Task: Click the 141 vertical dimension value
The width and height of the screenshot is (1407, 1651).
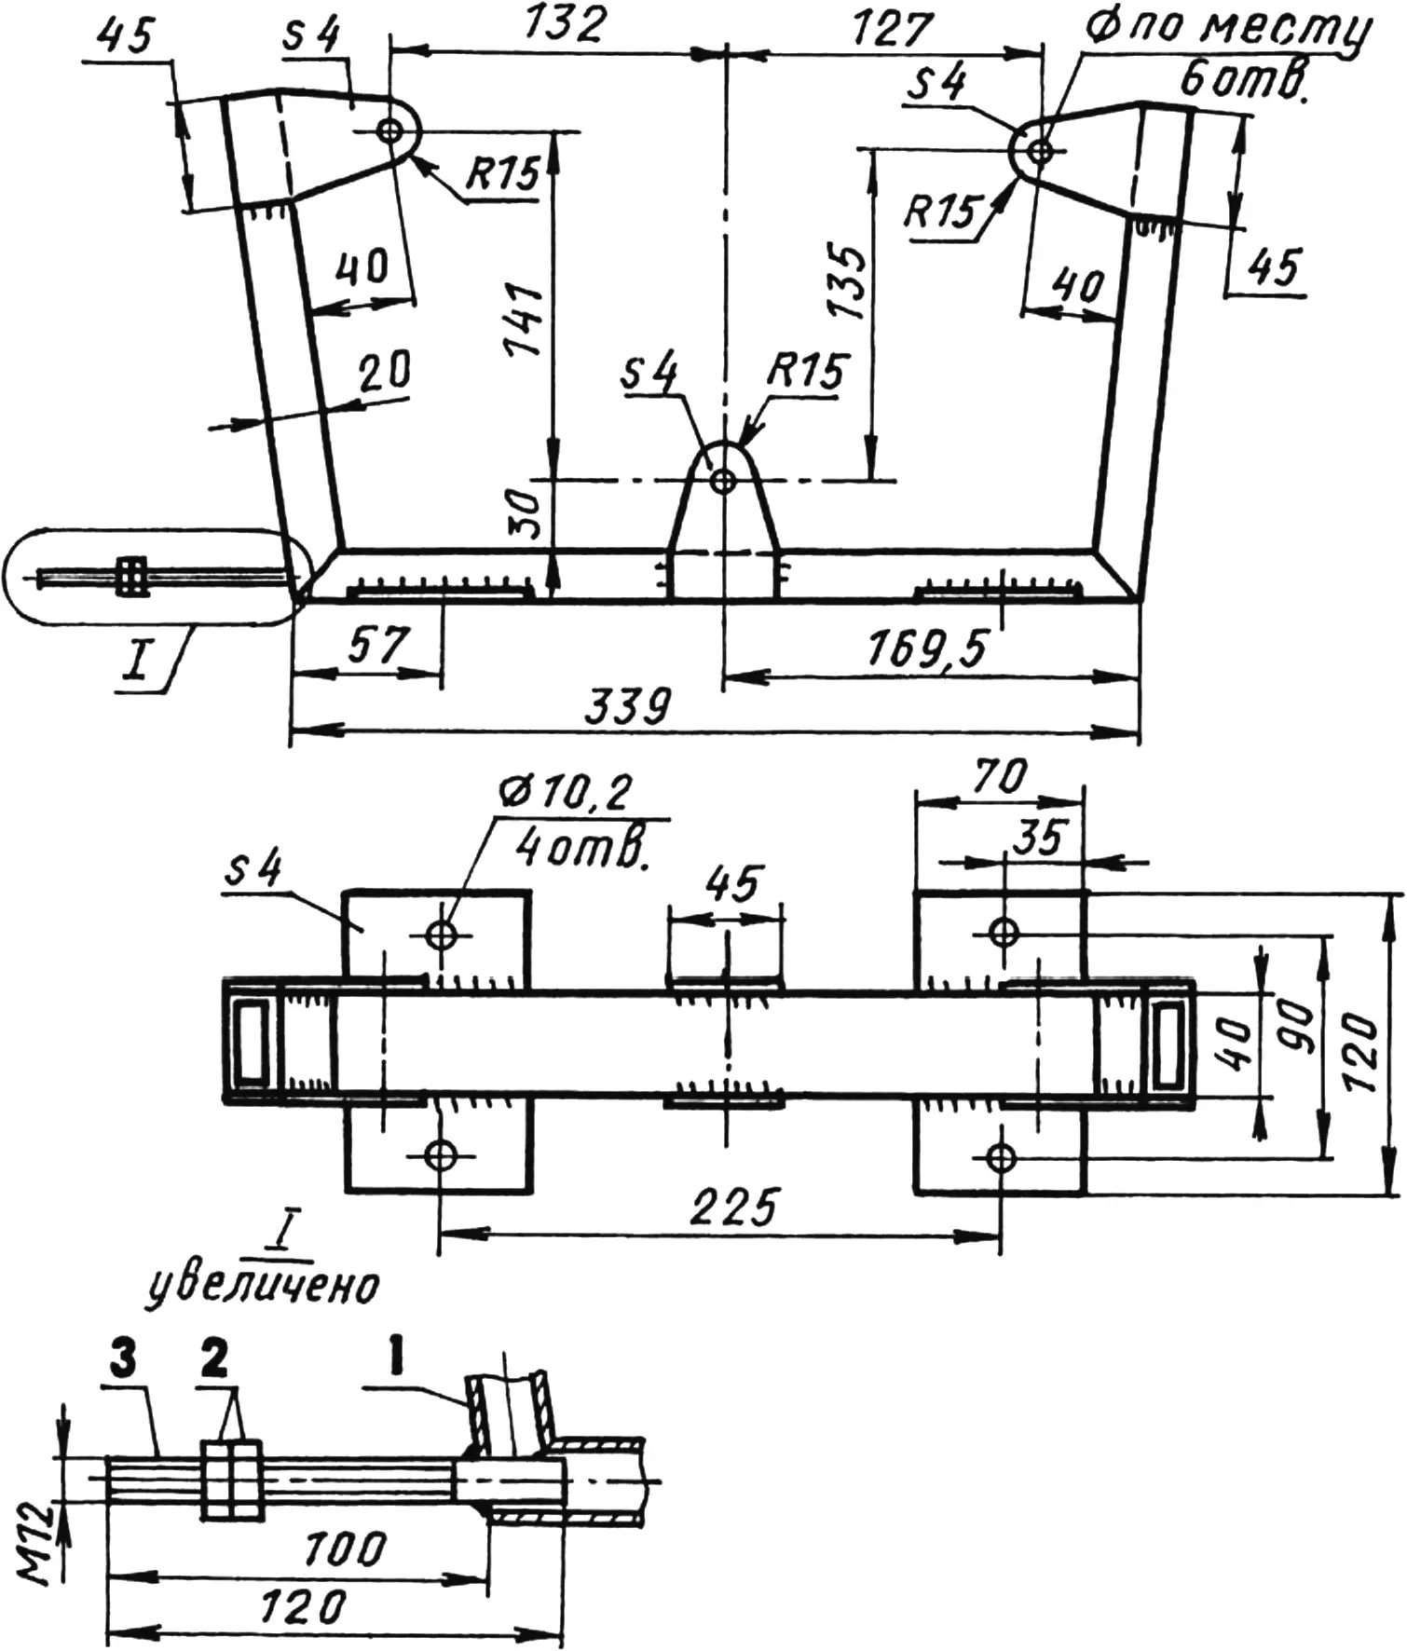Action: coord(524,320)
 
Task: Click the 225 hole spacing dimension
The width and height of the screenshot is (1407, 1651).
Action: coord(733,1208)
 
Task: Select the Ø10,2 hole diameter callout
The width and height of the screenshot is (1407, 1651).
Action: coord(566,793)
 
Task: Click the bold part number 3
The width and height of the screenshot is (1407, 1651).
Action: coord(122,1360)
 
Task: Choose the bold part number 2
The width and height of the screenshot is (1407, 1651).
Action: coord(213,1360)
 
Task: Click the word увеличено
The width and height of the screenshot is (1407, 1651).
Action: coord(265,1287)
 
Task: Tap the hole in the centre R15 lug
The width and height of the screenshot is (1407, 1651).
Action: coord(723,481)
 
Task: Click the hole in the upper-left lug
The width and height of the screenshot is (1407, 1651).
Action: coord(389,131)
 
